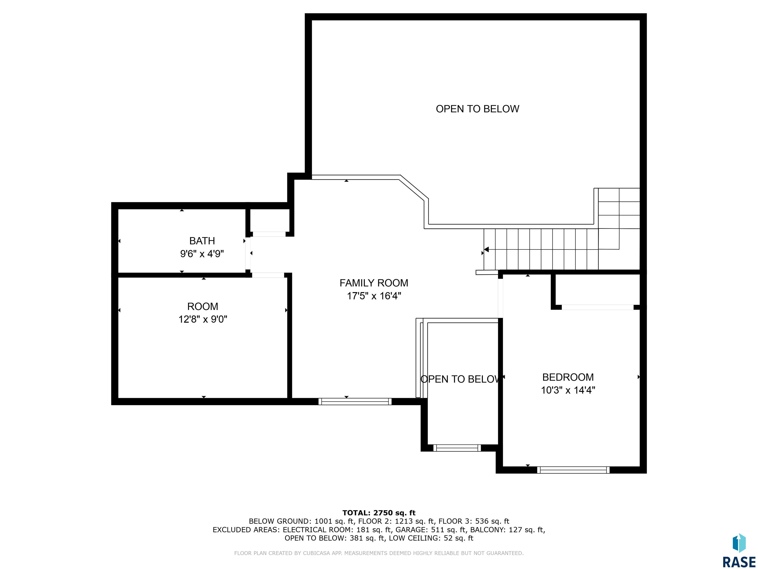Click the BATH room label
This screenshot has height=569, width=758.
(202, 241)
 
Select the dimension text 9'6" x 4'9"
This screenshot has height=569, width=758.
(202, 254)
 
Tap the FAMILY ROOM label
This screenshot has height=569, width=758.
(374, 283)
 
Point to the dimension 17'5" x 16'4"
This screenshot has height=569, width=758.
(374, 296)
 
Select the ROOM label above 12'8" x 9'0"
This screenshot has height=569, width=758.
(203, 306)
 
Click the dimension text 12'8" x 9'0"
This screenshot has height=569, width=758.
(203, 319)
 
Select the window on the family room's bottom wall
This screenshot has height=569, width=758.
(355, 401)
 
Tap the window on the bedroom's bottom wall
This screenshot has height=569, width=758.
(573, 470)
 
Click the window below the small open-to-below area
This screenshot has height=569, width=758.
(457, 448)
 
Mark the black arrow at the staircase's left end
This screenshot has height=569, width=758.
(486, 249)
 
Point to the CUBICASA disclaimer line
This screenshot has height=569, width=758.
(379, 553)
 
